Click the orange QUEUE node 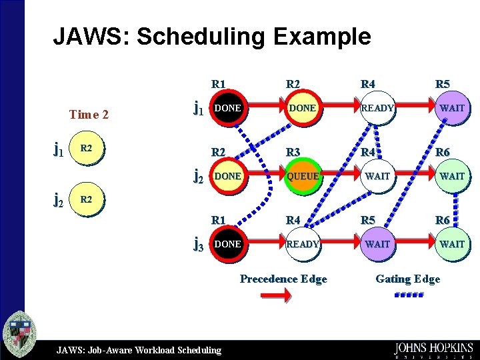point(303,176)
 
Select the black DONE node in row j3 point(227,244)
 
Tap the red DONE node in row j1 point(227,107)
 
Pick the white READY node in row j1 point(377,107)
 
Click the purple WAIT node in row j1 point(452,107)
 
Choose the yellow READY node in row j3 point(303,244)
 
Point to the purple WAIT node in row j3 point(377,244)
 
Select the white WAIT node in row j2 point(377,176)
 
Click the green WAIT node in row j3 point(452,244)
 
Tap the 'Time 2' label point(89,114)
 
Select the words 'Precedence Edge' point(283,279)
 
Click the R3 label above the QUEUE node point(293,153)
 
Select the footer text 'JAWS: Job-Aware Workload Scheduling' point(139,349)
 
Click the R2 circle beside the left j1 point(87,147)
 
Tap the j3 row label point(198,245)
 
